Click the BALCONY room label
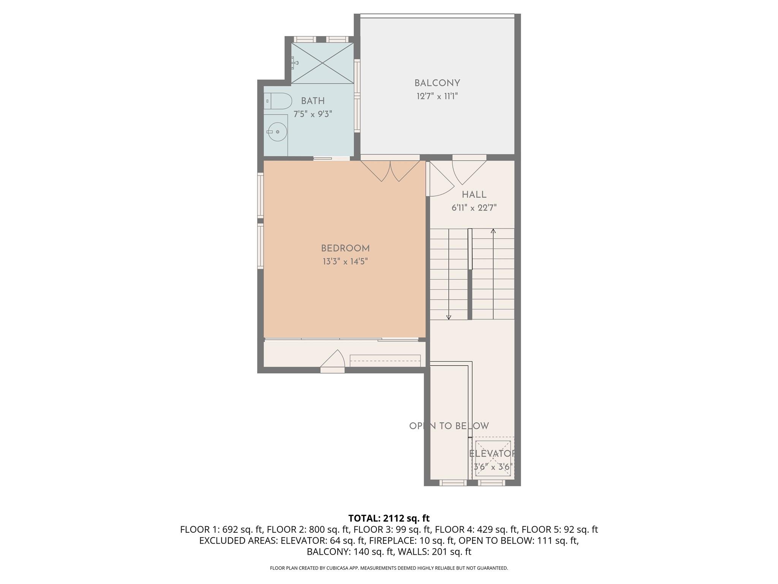click(x=437, y=83)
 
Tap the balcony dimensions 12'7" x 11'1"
click(x=437, y=96)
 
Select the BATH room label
click(x=313, y=101)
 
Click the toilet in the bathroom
click(x=278, y=101)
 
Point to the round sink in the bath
click(x=277, y=132)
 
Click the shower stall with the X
click(x=322, y=63)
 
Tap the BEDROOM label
click(x=345, y=248)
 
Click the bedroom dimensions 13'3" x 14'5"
click(x=345, y=262)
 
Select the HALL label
click(x=474, y=195)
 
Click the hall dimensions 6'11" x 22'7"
click(x=474, y=208)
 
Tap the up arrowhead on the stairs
click(x=493, y=231)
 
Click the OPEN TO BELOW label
click(x=449, y=426)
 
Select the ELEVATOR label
click(x=492, y=454)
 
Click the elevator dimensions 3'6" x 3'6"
click(x=493, y=467)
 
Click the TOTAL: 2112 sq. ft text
click(x=389, y=518)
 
